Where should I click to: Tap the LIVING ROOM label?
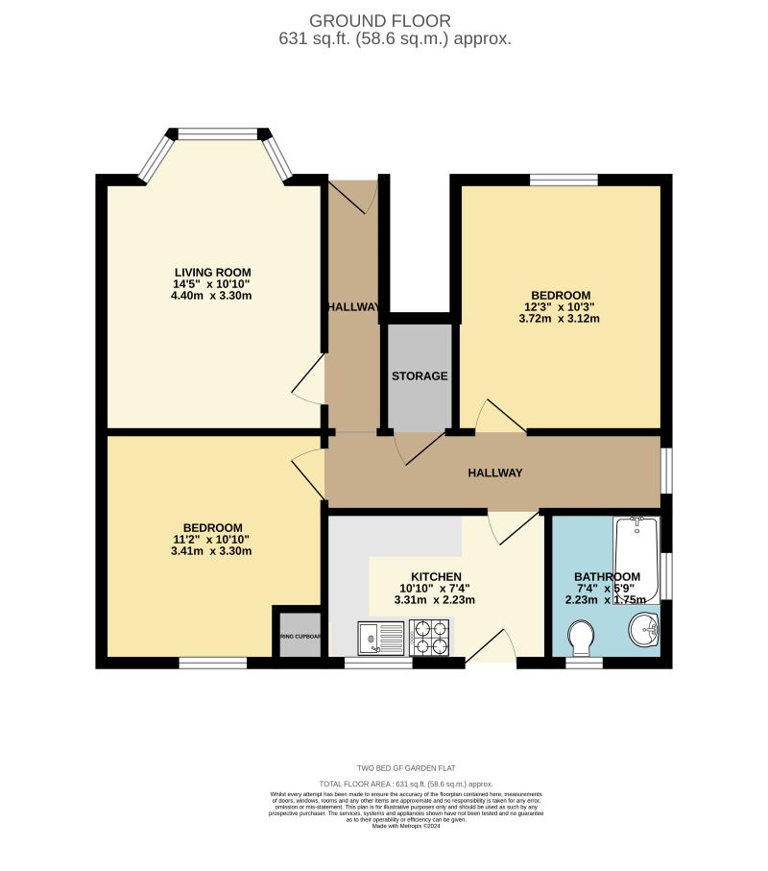point(212,272)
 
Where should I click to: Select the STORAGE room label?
point(419,376)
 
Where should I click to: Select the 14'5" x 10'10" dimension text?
point(212,284)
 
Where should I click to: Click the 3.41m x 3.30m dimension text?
point(212,552)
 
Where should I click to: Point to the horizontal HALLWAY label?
point(494,473)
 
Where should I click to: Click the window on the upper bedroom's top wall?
point(563,179)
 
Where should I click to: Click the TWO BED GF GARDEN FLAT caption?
point(405,768)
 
